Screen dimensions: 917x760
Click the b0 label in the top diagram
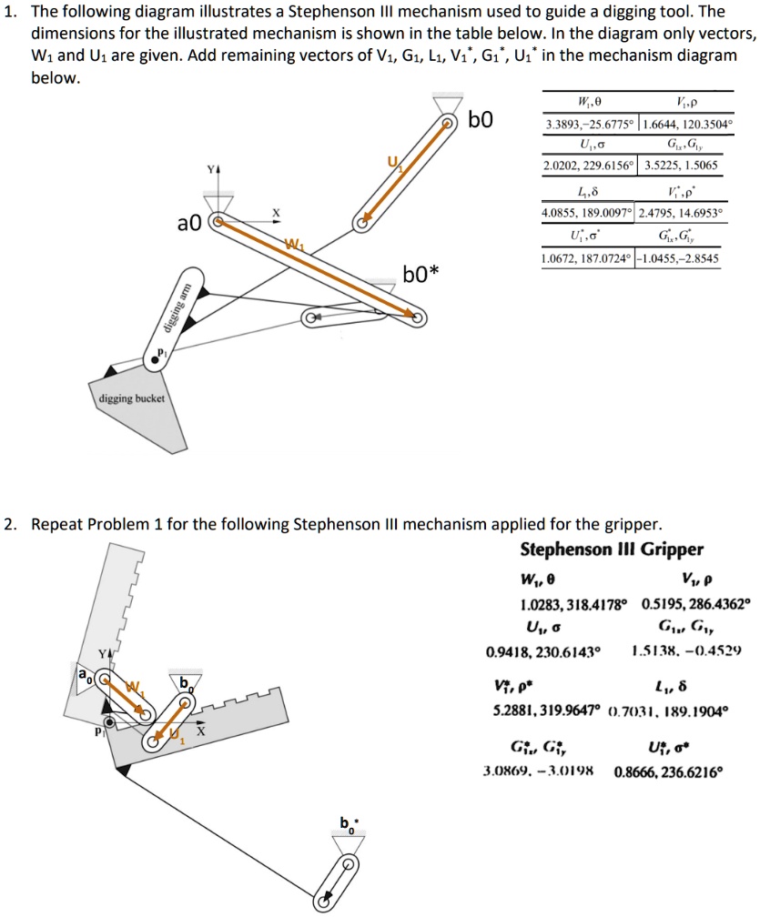[480, 121]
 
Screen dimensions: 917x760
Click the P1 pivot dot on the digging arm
[156, 361]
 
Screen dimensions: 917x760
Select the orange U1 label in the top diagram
[393, 164]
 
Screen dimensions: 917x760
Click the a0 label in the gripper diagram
[84, 677]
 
